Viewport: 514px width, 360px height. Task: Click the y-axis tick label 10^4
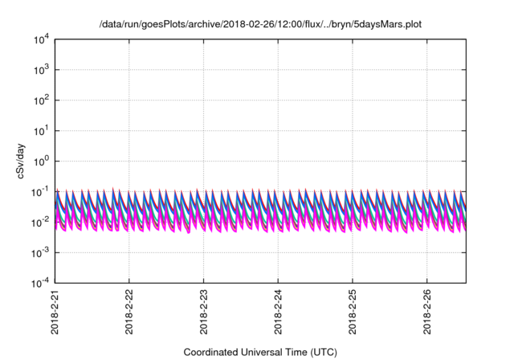[41, 39]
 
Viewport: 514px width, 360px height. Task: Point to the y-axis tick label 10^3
[41, 70]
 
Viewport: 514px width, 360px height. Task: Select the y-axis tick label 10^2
[41, 100]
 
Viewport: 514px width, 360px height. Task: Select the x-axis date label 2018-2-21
[55, 313]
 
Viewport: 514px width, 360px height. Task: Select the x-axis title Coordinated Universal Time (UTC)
[260, 352]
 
